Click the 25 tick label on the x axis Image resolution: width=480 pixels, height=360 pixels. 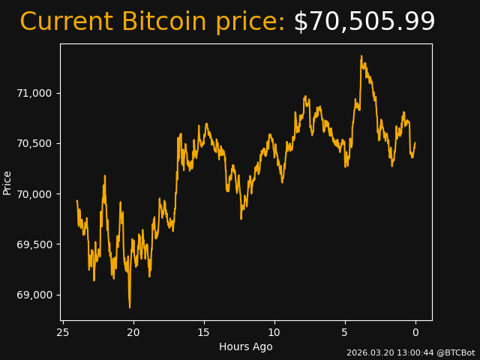pyautogui.click(x=63, y=332)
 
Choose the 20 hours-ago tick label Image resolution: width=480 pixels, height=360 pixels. pyautogui.click(x=133, y=332)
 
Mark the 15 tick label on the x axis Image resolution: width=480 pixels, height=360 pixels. pyautogui.click(x=204, y=332)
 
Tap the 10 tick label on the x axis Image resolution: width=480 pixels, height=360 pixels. pyautogui.click(x=274, y=332)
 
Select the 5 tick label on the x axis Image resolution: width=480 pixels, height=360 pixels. pyautogui.click(x=345, y=332)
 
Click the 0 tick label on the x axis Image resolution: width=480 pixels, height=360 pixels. pyautogui.click(x=415, y=332)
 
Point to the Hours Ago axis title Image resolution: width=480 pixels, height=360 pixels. pyautogui.click(x=246, y=346)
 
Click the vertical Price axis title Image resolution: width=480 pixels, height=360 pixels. pyautogui.click(x=7, y=182)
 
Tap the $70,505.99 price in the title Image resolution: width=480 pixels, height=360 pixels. pyautogui.click(x=364, y=22)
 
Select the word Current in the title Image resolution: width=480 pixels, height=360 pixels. pyautogui.click(x=66, y=22)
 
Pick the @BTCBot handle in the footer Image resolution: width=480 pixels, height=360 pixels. pyautogui.click(x=456, y=352)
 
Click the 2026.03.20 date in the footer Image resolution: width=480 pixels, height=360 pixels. pyautogui.click(x=367, y=352)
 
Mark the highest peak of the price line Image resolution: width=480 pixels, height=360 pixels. pyautogui.click(x=361, y=55)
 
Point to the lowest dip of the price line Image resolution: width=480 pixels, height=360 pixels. pyautogui.click(x=129, y=307)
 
